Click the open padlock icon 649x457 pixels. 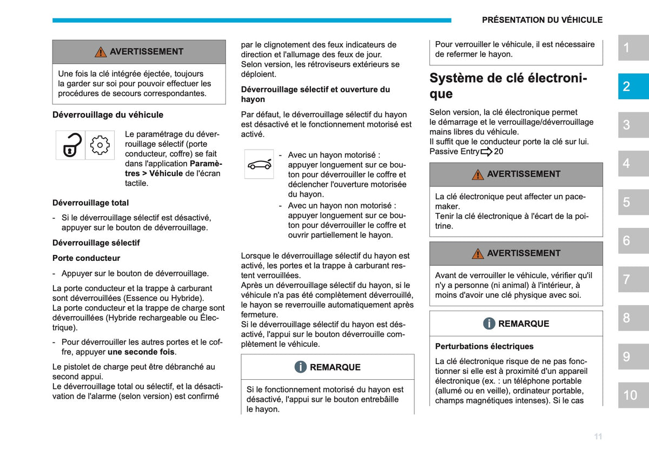point(70,145)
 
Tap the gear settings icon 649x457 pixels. point(100,145)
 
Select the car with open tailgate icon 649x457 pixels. point(259,164)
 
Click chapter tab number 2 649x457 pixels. point(633,86)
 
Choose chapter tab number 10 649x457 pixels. point(633,395)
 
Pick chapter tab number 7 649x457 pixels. point(633,279)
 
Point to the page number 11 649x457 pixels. point(598,436)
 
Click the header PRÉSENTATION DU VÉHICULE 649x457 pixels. point(542,20)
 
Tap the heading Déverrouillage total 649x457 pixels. point(90,203)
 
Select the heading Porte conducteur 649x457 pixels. point(86,258)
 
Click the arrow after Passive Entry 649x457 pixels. point(486,152)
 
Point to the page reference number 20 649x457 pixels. point(498,151)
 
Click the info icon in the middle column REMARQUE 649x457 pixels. point(301,367)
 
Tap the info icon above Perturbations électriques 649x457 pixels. point(489,323)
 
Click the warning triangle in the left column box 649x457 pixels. point(101,52)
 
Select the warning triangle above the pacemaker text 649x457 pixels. point(478,174)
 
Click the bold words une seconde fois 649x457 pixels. point(141,352)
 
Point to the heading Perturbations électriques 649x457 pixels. point(484,346)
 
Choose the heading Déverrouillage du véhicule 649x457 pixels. point(108,115)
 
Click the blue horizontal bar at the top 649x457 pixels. point(252,21)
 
